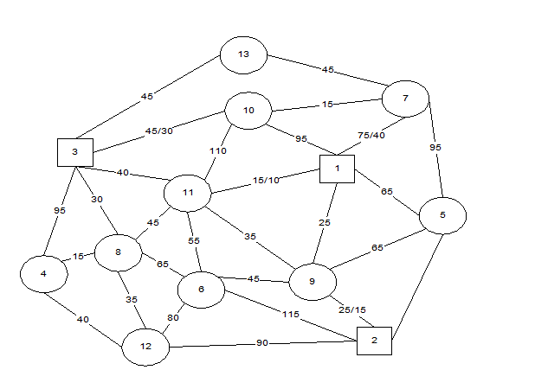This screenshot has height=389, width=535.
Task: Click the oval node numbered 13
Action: [243, 54]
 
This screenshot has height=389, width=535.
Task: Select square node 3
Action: [75, 152]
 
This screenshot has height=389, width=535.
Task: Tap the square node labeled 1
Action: [337, 169]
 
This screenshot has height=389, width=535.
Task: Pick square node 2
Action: [374, 341]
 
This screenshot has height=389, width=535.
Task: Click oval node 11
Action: [188, 193]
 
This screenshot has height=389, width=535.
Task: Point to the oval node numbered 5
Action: [442, 215]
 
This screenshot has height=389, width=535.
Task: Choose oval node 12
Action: [145, 347]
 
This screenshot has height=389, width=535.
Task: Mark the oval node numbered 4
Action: [44, 274]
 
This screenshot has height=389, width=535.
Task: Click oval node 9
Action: [313, 281]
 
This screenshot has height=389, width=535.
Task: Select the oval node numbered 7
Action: [405, 99]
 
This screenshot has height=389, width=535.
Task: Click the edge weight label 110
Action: [217, 151]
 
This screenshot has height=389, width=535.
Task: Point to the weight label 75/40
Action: [371, 136]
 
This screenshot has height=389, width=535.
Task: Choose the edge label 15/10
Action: [266, 180]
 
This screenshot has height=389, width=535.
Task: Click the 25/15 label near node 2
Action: [351, 309]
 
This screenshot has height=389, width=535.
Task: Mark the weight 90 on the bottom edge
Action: [261, 344]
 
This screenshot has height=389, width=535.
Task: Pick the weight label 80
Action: [172, 317]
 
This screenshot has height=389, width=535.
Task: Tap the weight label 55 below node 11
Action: [195, 241]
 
